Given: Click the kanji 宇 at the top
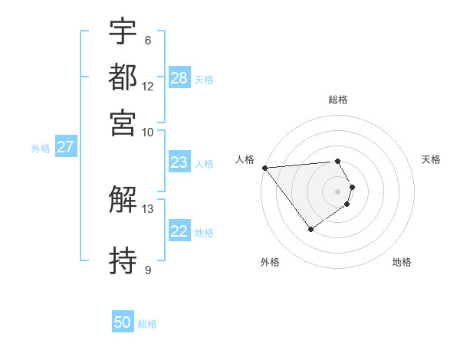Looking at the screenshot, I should [123, 32].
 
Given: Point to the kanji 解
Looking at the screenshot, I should [123, 201].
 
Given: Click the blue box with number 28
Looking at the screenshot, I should [179, 78].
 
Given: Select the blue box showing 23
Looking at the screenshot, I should [179, 162].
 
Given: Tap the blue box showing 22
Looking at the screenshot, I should [179, 231].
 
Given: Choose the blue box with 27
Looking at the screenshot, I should [65, 147].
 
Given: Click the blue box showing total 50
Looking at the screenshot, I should [123, 322].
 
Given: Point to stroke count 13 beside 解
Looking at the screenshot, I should [148, 208].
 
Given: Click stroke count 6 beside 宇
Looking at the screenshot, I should [148, 40].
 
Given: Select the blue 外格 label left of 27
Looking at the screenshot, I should [41, 149].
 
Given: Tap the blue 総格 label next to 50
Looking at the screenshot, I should [147, 324].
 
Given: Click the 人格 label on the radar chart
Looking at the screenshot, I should [245, 159].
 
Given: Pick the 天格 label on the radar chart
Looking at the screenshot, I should [431, 159].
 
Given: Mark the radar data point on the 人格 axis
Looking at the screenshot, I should [264, 168].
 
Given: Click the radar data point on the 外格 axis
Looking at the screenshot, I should [310, 229].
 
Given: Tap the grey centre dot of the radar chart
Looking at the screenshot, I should [338, 191].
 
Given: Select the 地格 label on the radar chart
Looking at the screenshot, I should [402, 262].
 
